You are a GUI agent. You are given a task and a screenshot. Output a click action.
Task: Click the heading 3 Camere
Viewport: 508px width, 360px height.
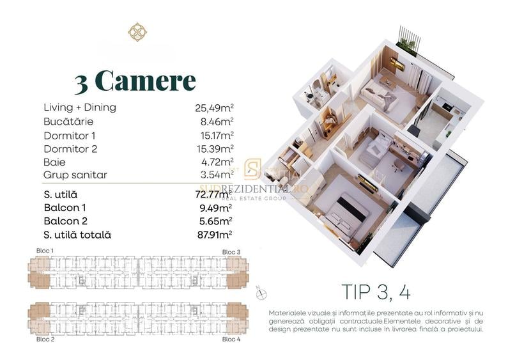click(x=135, y=81)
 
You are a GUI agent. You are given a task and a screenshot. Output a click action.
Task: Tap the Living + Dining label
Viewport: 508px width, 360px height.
click(x=80, y=107)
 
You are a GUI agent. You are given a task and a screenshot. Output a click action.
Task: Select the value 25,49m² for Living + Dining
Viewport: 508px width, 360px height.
click(x=214, y=108)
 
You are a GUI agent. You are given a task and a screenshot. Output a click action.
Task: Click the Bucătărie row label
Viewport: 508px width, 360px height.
click(x=68, y=121)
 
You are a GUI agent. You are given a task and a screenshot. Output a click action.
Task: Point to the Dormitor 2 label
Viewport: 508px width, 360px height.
click(x=70, y=149)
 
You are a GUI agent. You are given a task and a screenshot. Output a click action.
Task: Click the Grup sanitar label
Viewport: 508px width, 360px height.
click(x=75, y=175)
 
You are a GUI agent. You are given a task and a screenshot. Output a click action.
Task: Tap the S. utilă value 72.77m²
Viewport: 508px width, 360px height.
click(x=213, y=194)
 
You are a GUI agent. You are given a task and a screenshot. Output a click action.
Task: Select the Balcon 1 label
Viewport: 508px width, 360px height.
click(x=66, y=208)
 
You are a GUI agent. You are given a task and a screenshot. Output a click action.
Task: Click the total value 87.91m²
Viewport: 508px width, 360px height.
click(x=213, y=235)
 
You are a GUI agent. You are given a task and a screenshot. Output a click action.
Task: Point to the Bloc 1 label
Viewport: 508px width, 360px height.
click(x=45, y=250)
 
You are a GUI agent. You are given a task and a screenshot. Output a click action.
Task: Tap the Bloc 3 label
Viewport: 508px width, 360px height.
click(x=231, y=252)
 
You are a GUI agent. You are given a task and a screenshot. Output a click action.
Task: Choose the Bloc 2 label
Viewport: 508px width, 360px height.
click(x=45, y=339)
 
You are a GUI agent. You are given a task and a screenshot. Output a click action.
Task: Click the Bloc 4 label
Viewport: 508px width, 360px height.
click(x=231, y=339)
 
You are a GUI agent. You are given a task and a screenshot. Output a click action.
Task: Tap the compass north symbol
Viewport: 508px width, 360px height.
click(x=260, y=292)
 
